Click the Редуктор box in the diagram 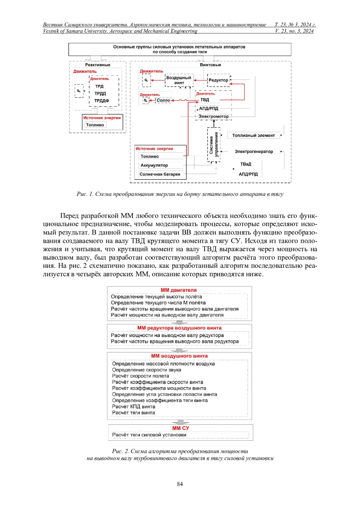(x=218, y=80)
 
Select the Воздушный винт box (x=179, y=80)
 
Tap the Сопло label (x=163, y=100)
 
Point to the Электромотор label (x=213, y=116)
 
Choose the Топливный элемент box (x=253, y=135)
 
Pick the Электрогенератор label (x=254, y=152)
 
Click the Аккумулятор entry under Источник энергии (x=154, y=165)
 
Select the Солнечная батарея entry (x=160, y=174)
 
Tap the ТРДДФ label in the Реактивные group (x=102, y=101)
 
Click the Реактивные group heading (x=97, y=65)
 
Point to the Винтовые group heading (x=210, y=65)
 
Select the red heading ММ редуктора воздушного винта (x=179, y=328)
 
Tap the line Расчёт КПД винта (x=133, y=407)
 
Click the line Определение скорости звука (x=146, y=370)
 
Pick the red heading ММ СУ (x=180, y=428)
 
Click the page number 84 (x=180, y=484)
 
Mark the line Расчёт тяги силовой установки (x=149, y=435)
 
